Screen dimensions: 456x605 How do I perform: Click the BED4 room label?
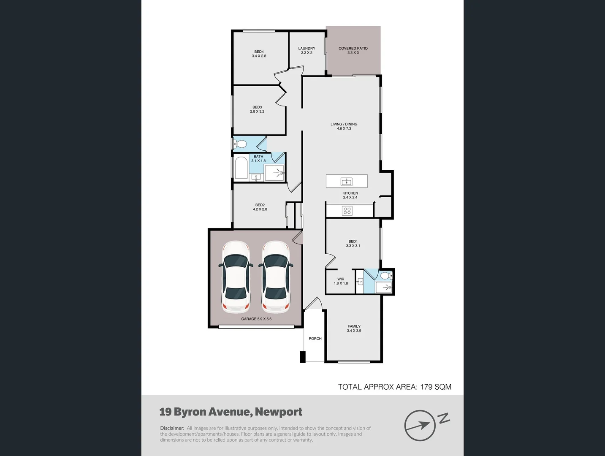tap(259, 52)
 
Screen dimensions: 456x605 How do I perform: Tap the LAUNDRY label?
tap(307, 49)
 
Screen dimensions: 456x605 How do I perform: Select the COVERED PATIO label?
tap(353, 49)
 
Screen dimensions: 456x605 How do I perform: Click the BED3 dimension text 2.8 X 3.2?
tap(257, 111)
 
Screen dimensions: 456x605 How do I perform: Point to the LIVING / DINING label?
tap(344, 124)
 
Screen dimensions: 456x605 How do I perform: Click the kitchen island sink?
tap(347, 182)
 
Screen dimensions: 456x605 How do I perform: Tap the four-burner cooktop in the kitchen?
tap(347, 210)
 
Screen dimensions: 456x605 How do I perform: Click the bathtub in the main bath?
tap(241, 168)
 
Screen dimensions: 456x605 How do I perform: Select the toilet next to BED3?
tap(240, 144)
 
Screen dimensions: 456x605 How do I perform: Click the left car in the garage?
tap(236, 277)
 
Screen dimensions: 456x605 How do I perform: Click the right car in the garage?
tap(276, 277)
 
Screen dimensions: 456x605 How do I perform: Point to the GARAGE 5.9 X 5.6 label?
tap(256, 319)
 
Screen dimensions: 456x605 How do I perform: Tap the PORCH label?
tap(315, 339)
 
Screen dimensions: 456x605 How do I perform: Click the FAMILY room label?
tap(354, 326)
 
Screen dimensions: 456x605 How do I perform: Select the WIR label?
tap(341, 279)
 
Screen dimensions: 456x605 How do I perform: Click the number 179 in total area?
tap(429, 387)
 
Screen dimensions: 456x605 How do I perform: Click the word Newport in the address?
tap(279, 412)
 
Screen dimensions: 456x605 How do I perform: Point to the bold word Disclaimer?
tap(172, 428)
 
